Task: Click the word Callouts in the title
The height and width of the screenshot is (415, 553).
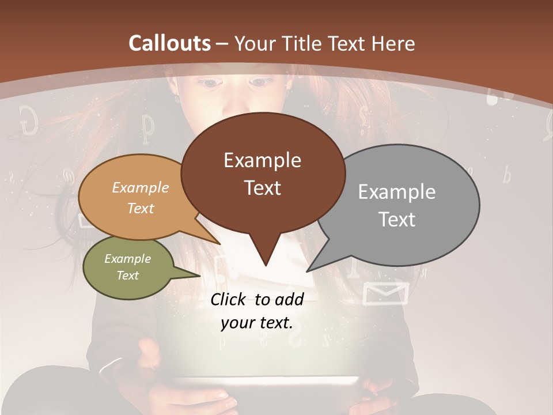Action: click(169, 43)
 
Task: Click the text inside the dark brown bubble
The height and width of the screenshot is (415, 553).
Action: click(263, 173)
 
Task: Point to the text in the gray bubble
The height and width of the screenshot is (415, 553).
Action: click(397, 205)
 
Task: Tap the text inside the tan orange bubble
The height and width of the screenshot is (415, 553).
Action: click(141, 198)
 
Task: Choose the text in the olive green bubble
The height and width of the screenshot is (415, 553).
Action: click(127, 267)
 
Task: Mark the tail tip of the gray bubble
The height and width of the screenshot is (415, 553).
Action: click(308, 270)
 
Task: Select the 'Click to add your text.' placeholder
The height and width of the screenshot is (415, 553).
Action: click(256, 311)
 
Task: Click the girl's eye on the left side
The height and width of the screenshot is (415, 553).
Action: click(210, 84)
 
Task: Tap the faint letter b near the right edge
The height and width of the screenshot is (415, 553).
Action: click(506, 175)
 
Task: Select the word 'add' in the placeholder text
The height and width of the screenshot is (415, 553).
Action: click(289, 299)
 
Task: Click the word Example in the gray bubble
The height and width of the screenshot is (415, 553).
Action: click(397, 191)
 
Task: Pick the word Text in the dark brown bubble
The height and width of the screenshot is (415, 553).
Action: click(263, 187)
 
